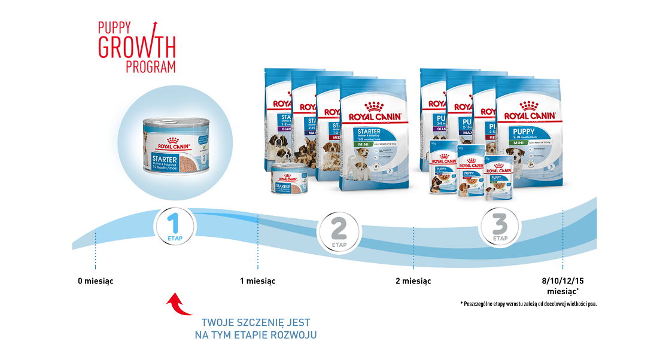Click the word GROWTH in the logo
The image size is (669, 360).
tap(137, 46)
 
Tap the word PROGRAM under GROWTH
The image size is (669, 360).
tap(151, 66)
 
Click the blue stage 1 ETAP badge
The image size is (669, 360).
tap(175, 227)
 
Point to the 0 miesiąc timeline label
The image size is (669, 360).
tap(95, 281)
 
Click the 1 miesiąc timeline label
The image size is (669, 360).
tap(257, 281)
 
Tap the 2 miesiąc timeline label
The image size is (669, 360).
tap(413, 281)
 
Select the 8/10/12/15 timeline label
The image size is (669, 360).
tap(562, 281)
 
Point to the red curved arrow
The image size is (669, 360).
tap(178, 304)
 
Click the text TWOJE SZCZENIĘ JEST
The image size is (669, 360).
tap(256, 322)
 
